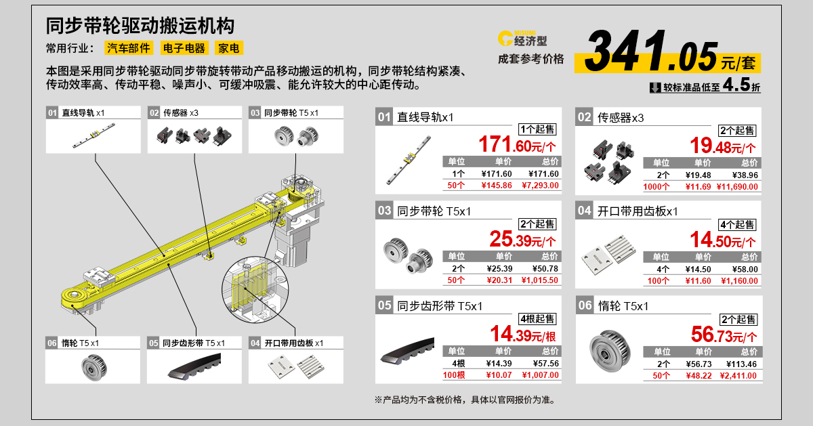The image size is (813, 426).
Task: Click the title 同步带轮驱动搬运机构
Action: point(140,25)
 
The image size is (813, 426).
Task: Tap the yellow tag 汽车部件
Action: point(128,48)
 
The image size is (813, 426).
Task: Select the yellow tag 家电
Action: point(228,48)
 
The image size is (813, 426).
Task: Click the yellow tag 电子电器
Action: point(183,48)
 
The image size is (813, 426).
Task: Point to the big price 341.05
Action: point(650,52)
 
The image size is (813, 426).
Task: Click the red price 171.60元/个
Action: point(518,145)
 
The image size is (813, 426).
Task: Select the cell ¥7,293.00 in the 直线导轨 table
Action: point(541,185)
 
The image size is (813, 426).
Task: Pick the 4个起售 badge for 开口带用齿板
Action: point(738,224)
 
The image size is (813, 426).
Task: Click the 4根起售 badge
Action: point(537,318)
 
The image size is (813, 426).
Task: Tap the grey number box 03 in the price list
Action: point(384,211)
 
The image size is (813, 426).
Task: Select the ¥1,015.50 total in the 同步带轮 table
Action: point(541,280)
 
